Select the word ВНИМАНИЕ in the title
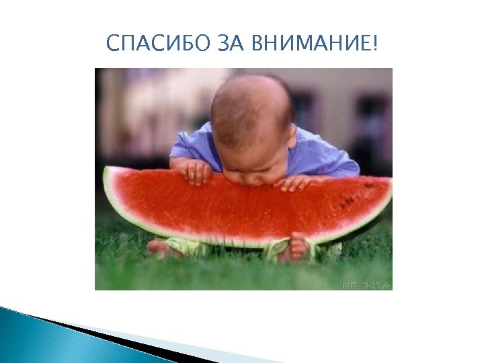pyautogui.click(x=313, y=45)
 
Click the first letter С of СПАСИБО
pyautogui.click(x=112, y=45)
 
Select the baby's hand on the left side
pyautogui.click(x=196, y=173)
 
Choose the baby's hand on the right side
pyautogui.click(x=296, y=182)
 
